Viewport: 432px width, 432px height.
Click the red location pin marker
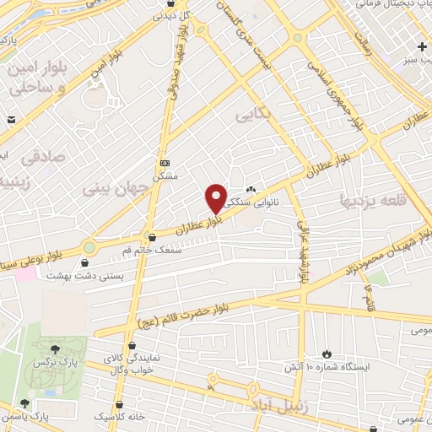[x=216, y=198]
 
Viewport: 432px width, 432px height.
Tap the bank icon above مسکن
[x=165, y=162]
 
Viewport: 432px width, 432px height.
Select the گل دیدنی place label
[x=175, y=15]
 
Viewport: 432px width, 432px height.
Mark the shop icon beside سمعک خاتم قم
[x=151, y=238]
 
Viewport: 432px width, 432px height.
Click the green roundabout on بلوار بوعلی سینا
[x=89, y=247]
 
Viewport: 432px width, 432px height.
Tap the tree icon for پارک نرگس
[x=55, y=348]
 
